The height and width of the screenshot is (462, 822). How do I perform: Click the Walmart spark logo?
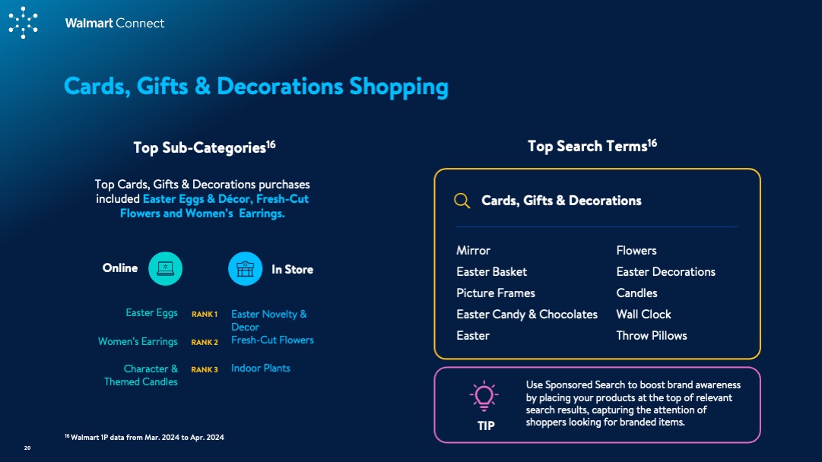click(23, 23)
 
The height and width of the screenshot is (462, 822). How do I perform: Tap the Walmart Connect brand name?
click(114, 23)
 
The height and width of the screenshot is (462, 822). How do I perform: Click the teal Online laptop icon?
click(165, 269)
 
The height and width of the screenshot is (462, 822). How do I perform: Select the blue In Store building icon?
click(246, 269)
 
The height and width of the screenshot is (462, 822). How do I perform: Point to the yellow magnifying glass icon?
click(462, 201)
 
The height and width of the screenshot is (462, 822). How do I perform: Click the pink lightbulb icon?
click(484, 395)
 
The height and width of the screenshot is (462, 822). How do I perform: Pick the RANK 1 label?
click(205, 315)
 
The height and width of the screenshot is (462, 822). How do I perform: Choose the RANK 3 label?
click(205, 370)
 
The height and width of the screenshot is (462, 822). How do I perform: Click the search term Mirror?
click(473, 251)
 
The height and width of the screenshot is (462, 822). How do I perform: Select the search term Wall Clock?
click(643, 315)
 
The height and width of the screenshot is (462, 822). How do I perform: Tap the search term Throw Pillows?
click(652, 336)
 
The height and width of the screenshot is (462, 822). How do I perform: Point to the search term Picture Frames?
click(495, 293)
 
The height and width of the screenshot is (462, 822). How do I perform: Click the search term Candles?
click(636, 293)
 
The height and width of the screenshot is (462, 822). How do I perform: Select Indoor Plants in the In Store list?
click(261, 369)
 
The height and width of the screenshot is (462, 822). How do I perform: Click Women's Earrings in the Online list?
click(138, 341)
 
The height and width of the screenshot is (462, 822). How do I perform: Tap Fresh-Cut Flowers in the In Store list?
click(272, 340)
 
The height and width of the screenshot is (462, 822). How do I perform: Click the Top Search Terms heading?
click(592, 146)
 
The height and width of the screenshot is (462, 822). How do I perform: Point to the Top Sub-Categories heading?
click(205, 147)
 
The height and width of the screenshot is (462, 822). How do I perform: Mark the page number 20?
click(27, 448)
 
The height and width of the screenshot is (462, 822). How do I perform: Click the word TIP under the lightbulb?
click(486, 426)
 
